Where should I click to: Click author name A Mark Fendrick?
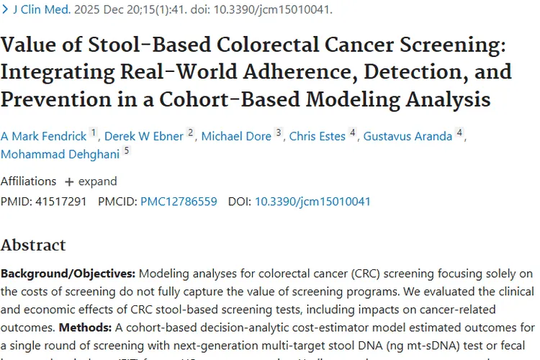tap(43, 136)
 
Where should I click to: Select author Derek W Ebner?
tap(144, 136)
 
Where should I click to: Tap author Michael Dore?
tap(236, 136)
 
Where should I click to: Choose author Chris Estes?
tap(317, 136)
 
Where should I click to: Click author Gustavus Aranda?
tap(408, 136)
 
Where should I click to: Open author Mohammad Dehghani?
tap(60, 154)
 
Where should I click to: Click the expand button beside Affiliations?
tap(91, 181)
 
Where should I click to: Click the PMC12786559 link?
tap(179, 202)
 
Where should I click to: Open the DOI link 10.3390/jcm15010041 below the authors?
tap(312, 202)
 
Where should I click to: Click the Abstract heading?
tap(33, 245)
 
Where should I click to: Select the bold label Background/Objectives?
tap(68, 274)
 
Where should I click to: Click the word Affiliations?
tap(28, 181)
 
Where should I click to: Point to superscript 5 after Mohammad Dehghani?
tap(127, 151)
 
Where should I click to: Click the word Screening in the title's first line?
tap(446, 46)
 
